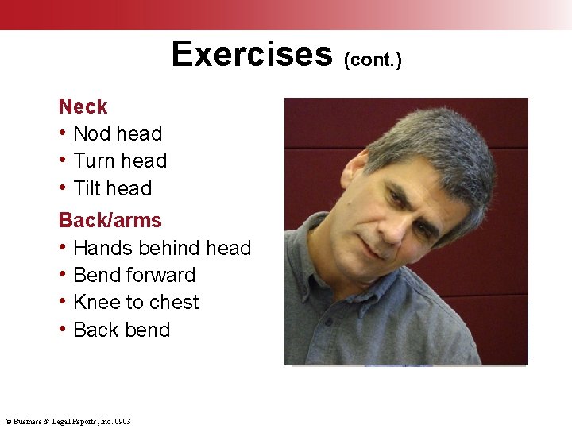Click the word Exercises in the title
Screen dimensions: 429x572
click(x=251, y=54)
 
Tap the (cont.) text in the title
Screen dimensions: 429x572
click(x=373, y=60)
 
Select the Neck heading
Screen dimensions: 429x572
click(x=83, y=106)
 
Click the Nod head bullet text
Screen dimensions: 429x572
click(x=117, y=133)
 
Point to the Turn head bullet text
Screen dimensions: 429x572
click(x=119, y=160)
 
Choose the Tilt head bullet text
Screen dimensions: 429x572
click(x=112, y=188)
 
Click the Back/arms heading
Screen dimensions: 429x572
click(x=110, y=220)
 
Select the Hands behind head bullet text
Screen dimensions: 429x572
click(x=161, y=248)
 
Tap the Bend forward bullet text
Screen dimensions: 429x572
click(x=133, y=275)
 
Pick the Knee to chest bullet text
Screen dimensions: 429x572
click(x=136, y=302)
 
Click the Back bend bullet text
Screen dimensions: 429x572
click(x=121, y=330)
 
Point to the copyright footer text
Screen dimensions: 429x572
click(x=68, y=421)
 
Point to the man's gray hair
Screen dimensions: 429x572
click(x=429, y=139)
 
